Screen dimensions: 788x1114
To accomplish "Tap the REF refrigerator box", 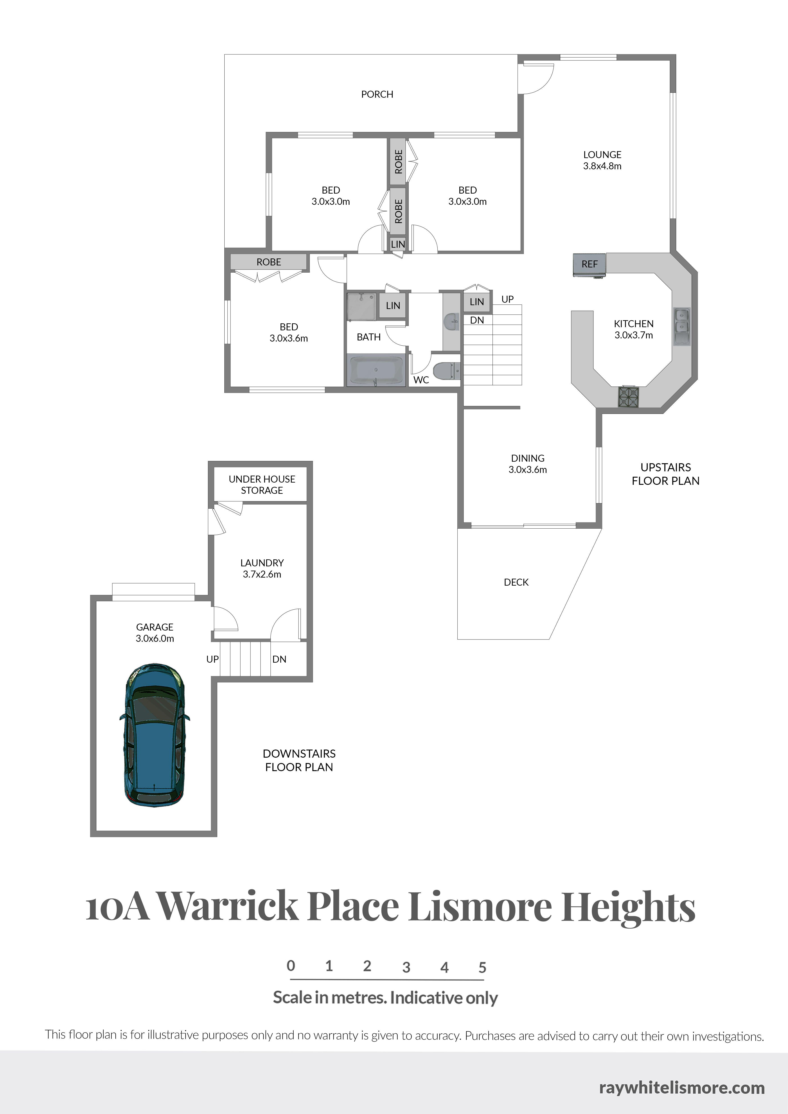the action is [x=589, y=265].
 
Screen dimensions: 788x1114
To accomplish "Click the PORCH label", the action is [x=377, y=94].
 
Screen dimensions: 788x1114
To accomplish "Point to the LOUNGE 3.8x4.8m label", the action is [x=602, y=160].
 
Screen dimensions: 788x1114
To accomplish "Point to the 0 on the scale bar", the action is [x=291, y=966].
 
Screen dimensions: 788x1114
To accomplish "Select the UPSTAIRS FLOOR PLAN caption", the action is [x=665, y=474].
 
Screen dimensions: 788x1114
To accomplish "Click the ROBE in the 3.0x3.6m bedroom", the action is [x=268, y=262].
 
